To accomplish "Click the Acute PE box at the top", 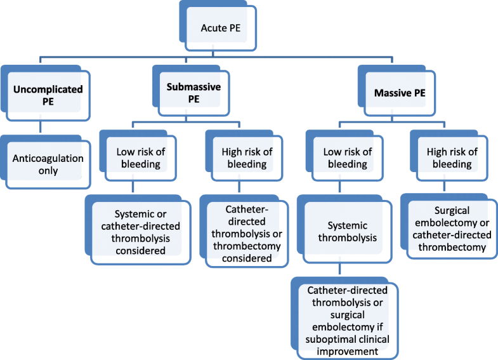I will (x=218, y=28).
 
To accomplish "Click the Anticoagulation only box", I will (x=48, y=163).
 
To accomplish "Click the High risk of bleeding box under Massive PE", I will (x=450, y=157).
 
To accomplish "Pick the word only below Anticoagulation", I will (x=48, y=170).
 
